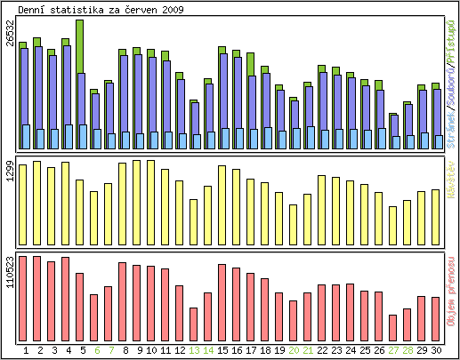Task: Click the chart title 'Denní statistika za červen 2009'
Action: pos(101,9)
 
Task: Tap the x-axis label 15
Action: pos(222,351)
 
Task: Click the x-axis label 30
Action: pos(436,351)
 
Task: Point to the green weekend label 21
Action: pos(308,351)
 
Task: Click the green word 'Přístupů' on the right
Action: pos(452,36)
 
